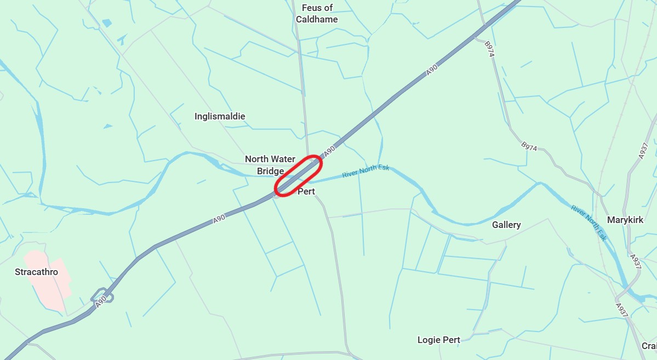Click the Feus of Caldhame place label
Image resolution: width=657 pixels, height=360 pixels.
click(x=317, y=14)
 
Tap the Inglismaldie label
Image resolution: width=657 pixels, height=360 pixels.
click(x=220, y=116)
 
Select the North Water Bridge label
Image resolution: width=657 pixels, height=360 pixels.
click(x=270, y=165)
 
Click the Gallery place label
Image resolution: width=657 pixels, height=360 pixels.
click(x=506, y=225)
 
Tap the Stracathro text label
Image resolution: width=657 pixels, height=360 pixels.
click(x=36, y=272)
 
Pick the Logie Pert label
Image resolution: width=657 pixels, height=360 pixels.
click(x=438, y=340)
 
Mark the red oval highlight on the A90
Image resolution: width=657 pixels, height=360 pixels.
click(x=298, y=175)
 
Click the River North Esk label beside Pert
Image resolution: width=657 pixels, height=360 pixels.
click(x=365, y=171)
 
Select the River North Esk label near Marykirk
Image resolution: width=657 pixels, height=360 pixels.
click(x=589, y=223)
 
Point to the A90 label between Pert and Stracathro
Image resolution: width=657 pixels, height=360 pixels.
click(x=219, y=219)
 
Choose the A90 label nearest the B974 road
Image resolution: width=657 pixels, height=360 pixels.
click(x=432, y=70)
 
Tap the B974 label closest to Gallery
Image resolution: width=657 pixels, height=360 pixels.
click(x=529, y=146)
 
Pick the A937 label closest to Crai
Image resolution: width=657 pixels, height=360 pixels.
click(x=621, y=310)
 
